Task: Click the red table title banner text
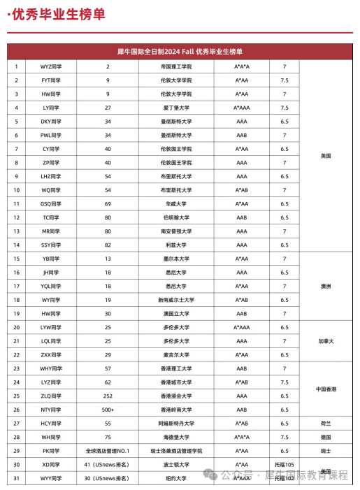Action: click(180, 52)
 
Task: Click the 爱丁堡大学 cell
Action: click(175, 108)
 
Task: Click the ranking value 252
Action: click(108, 396)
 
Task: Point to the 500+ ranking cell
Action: click(108, 409)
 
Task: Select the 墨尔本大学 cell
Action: click(175, 258)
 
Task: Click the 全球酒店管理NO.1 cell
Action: click(108, 450)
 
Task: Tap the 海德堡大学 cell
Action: click(175, 437)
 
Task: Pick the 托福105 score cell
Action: click(284, 464)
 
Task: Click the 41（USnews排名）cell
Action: click(108, 464)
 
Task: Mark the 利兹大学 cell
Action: click(175, 245)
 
